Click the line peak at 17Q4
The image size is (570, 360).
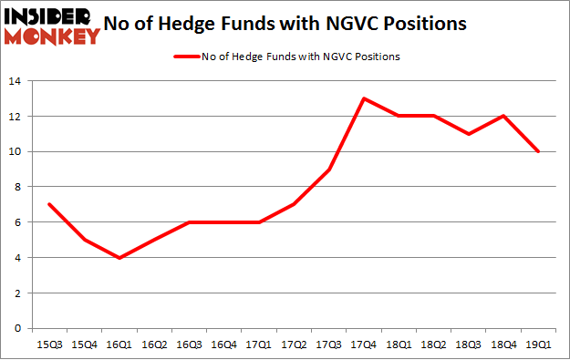click(364, 98)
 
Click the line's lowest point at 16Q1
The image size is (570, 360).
click(119, 258)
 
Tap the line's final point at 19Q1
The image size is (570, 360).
click(538, 151)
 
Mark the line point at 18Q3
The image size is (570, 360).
click(469, 134)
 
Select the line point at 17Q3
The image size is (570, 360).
click(328, 170)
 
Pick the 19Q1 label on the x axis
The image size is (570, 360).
click(538, 345)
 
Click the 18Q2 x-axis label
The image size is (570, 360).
click(433, 345)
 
